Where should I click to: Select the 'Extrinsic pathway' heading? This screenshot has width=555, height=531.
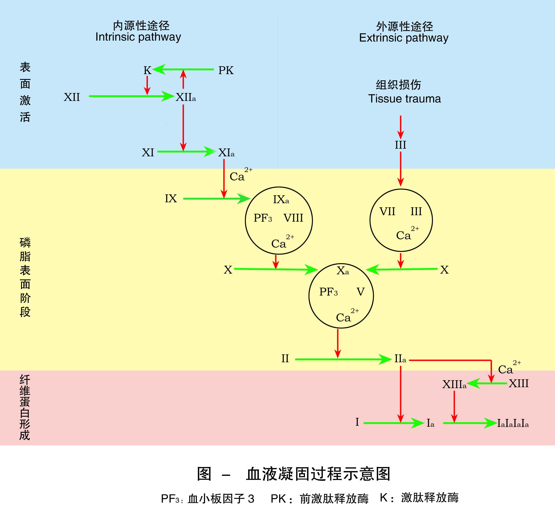[404, 38]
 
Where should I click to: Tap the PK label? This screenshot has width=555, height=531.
[226, 70]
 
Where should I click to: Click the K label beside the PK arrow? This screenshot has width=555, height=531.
[147, 70]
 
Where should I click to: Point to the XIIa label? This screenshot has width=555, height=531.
[186, 97]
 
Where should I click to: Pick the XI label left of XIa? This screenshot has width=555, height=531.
[148, 153]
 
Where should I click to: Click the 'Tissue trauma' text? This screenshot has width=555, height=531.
[404, 99]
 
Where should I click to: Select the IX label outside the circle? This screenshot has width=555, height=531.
[171, 199]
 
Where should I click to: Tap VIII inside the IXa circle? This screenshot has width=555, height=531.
[293, 218]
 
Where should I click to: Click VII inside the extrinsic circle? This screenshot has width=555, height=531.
[387, 211]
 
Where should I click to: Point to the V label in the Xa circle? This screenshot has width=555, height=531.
[361, 292]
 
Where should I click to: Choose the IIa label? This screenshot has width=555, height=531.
[400, 359]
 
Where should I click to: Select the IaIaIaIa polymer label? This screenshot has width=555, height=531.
[513, 423]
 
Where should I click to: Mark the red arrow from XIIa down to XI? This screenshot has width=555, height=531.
[183, 128]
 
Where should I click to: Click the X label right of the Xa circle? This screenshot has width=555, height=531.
[444, 270]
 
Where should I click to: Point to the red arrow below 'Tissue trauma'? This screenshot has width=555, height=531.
[401, 127]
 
